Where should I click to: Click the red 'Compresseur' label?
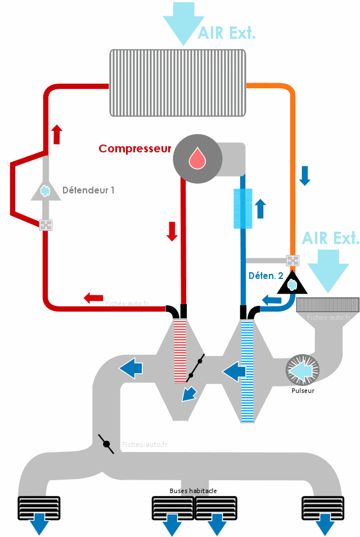134,148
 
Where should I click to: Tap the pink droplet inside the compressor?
197,158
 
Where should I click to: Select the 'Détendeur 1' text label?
88,190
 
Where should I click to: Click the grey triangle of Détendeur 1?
46,191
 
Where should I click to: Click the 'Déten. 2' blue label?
266,276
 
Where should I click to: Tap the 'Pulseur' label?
303,391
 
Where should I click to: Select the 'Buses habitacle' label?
193,491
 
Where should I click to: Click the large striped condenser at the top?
178,83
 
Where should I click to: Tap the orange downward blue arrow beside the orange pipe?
304,175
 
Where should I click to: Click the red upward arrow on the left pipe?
57,134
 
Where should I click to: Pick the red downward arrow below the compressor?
172,232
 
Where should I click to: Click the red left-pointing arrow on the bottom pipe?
93,298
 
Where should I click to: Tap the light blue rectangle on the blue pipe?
243,208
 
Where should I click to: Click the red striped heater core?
180,351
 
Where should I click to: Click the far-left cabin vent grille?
39,508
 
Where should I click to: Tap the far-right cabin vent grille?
323,508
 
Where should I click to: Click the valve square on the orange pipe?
292,260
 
